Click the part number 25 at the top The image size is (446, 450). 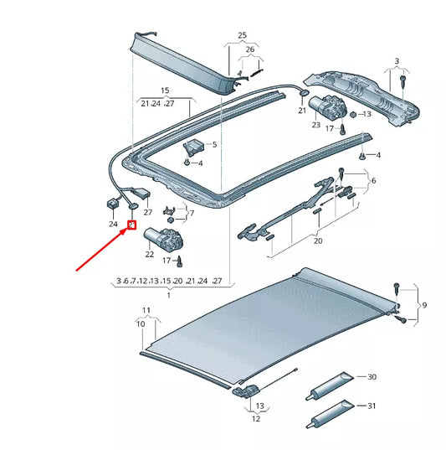click(243, 35)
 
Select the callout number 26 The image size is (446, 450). click(248, 49)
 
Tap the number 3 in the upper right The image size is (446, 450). click(397, 62)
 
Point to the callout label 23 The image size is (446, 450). click(315, 125)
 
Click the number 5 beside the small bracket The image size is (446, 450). click(213, 145)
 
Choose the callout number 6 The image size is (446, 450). click(373, 181)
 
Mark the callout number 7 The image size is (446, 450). click(191, 214)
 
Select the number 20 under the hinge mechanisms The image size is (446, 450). click(317, 241)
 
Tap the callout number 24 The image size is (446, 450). click(113, 224)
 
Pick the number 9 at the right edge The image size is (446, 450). click(424, 305)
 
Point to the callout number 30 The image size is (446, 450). click(372, 378)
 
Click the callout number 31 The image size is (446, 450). click(372, 407)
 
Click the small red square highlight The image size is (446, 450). click(131, 225)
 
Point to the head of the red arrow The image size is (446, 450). click(126, 231)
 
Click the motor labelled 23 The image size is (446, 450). click(326, 108)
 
